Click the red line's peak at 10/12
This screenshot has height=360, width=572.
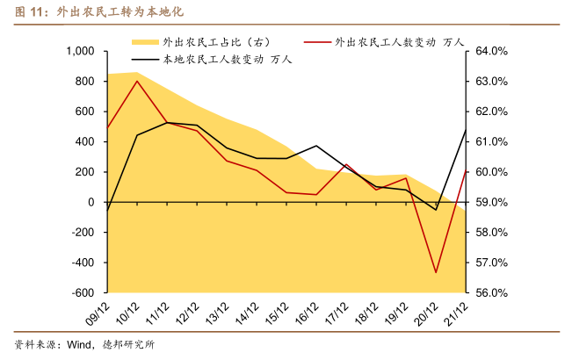pos(137,81)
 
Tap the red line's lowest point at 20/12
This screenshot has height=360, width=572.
pos(436,272)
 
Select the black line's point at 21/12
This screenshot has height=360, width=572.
pos(466,130)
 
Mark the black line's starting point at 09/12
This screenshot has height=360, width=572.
pos(107,211)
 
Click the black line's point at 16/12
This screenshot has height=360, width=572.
pos(316,146)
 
